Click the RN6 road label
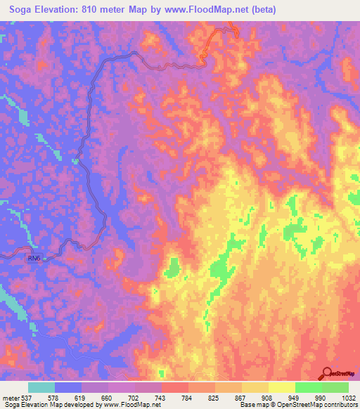34,258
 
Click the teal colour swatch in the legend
41,387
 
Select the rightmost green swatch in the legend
335,387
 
